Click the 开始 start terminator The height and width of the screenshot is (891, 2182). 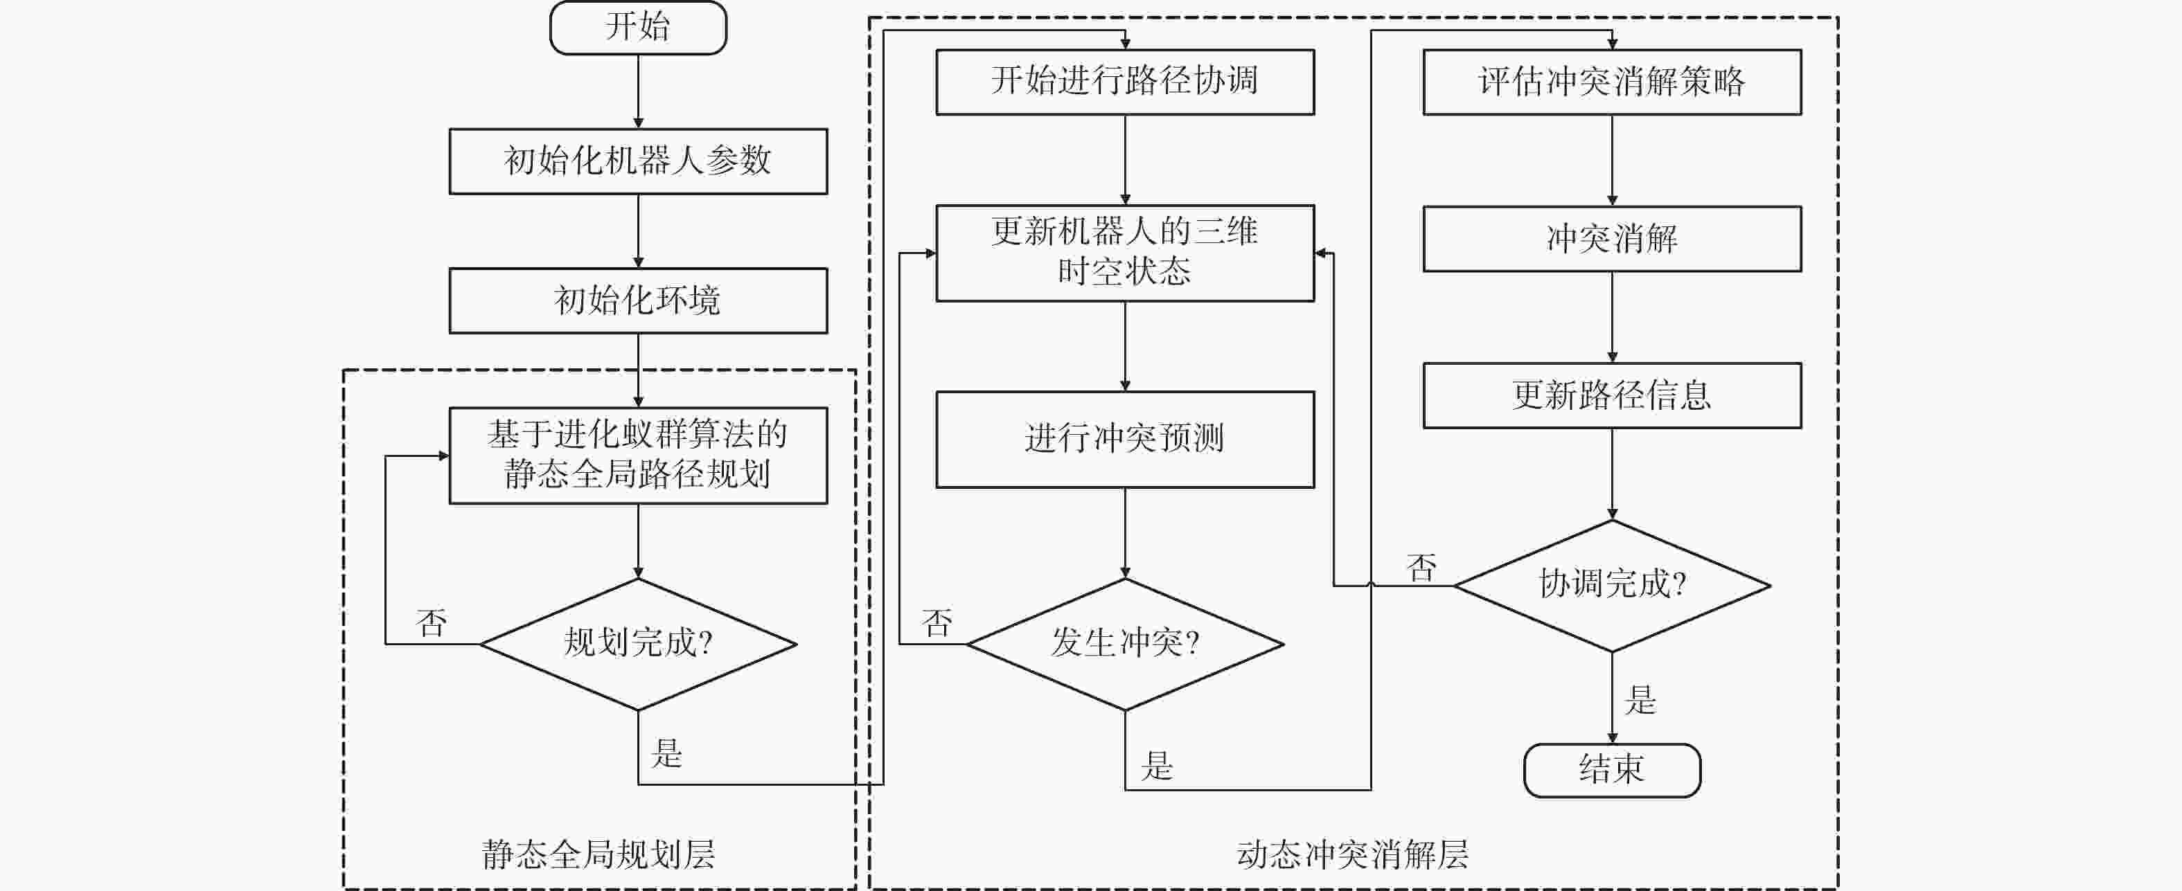click(x=638, y=28)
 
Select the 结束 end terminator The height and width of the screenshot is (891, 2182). click(x=1611, y=770)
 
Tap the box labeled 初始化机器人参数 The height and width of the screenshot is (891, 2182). click(x=638, y=161)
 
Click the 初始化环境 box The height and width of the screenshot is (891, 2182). click(x=638, y=300)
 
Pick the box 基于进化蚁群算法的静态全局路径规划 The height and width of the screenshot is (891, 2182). click(x=638, y=456)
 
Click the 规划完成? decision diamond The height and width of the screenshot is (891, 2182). click(x=638, y=644)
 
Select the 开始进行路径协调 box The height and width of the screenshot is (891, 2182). click(x=1125, y=81)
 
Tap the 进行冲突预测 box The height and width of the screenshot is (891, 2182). click(x=1125, y=439)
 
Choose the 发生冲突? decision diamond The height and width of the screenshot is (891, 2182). click(x=1125, y=644)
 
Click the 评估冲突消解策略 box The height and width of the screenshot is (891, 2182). click(x=1611, y=81)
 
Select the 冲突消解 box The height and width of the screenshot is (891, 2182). click(x=1611, y=239)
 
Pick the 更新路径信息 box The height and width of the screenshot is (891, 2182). click(x=1611, y=395)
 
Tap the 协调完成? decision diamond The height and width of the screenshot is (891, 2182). click(x=1611, y=585)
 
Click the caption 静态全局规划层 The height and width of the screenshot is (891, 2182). click(x=598, y=854)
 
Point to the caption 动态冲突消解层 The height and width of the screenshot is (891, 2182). click(x=1353, y=854)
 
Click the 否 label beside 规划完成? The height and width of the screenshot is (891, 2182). click(x=431, y=623)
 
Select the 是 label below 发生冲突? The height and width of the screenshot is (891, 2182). click(x=1157, y=766)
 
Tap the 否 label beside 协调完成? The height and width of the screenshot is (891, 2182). click(x=1421, y=568)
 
